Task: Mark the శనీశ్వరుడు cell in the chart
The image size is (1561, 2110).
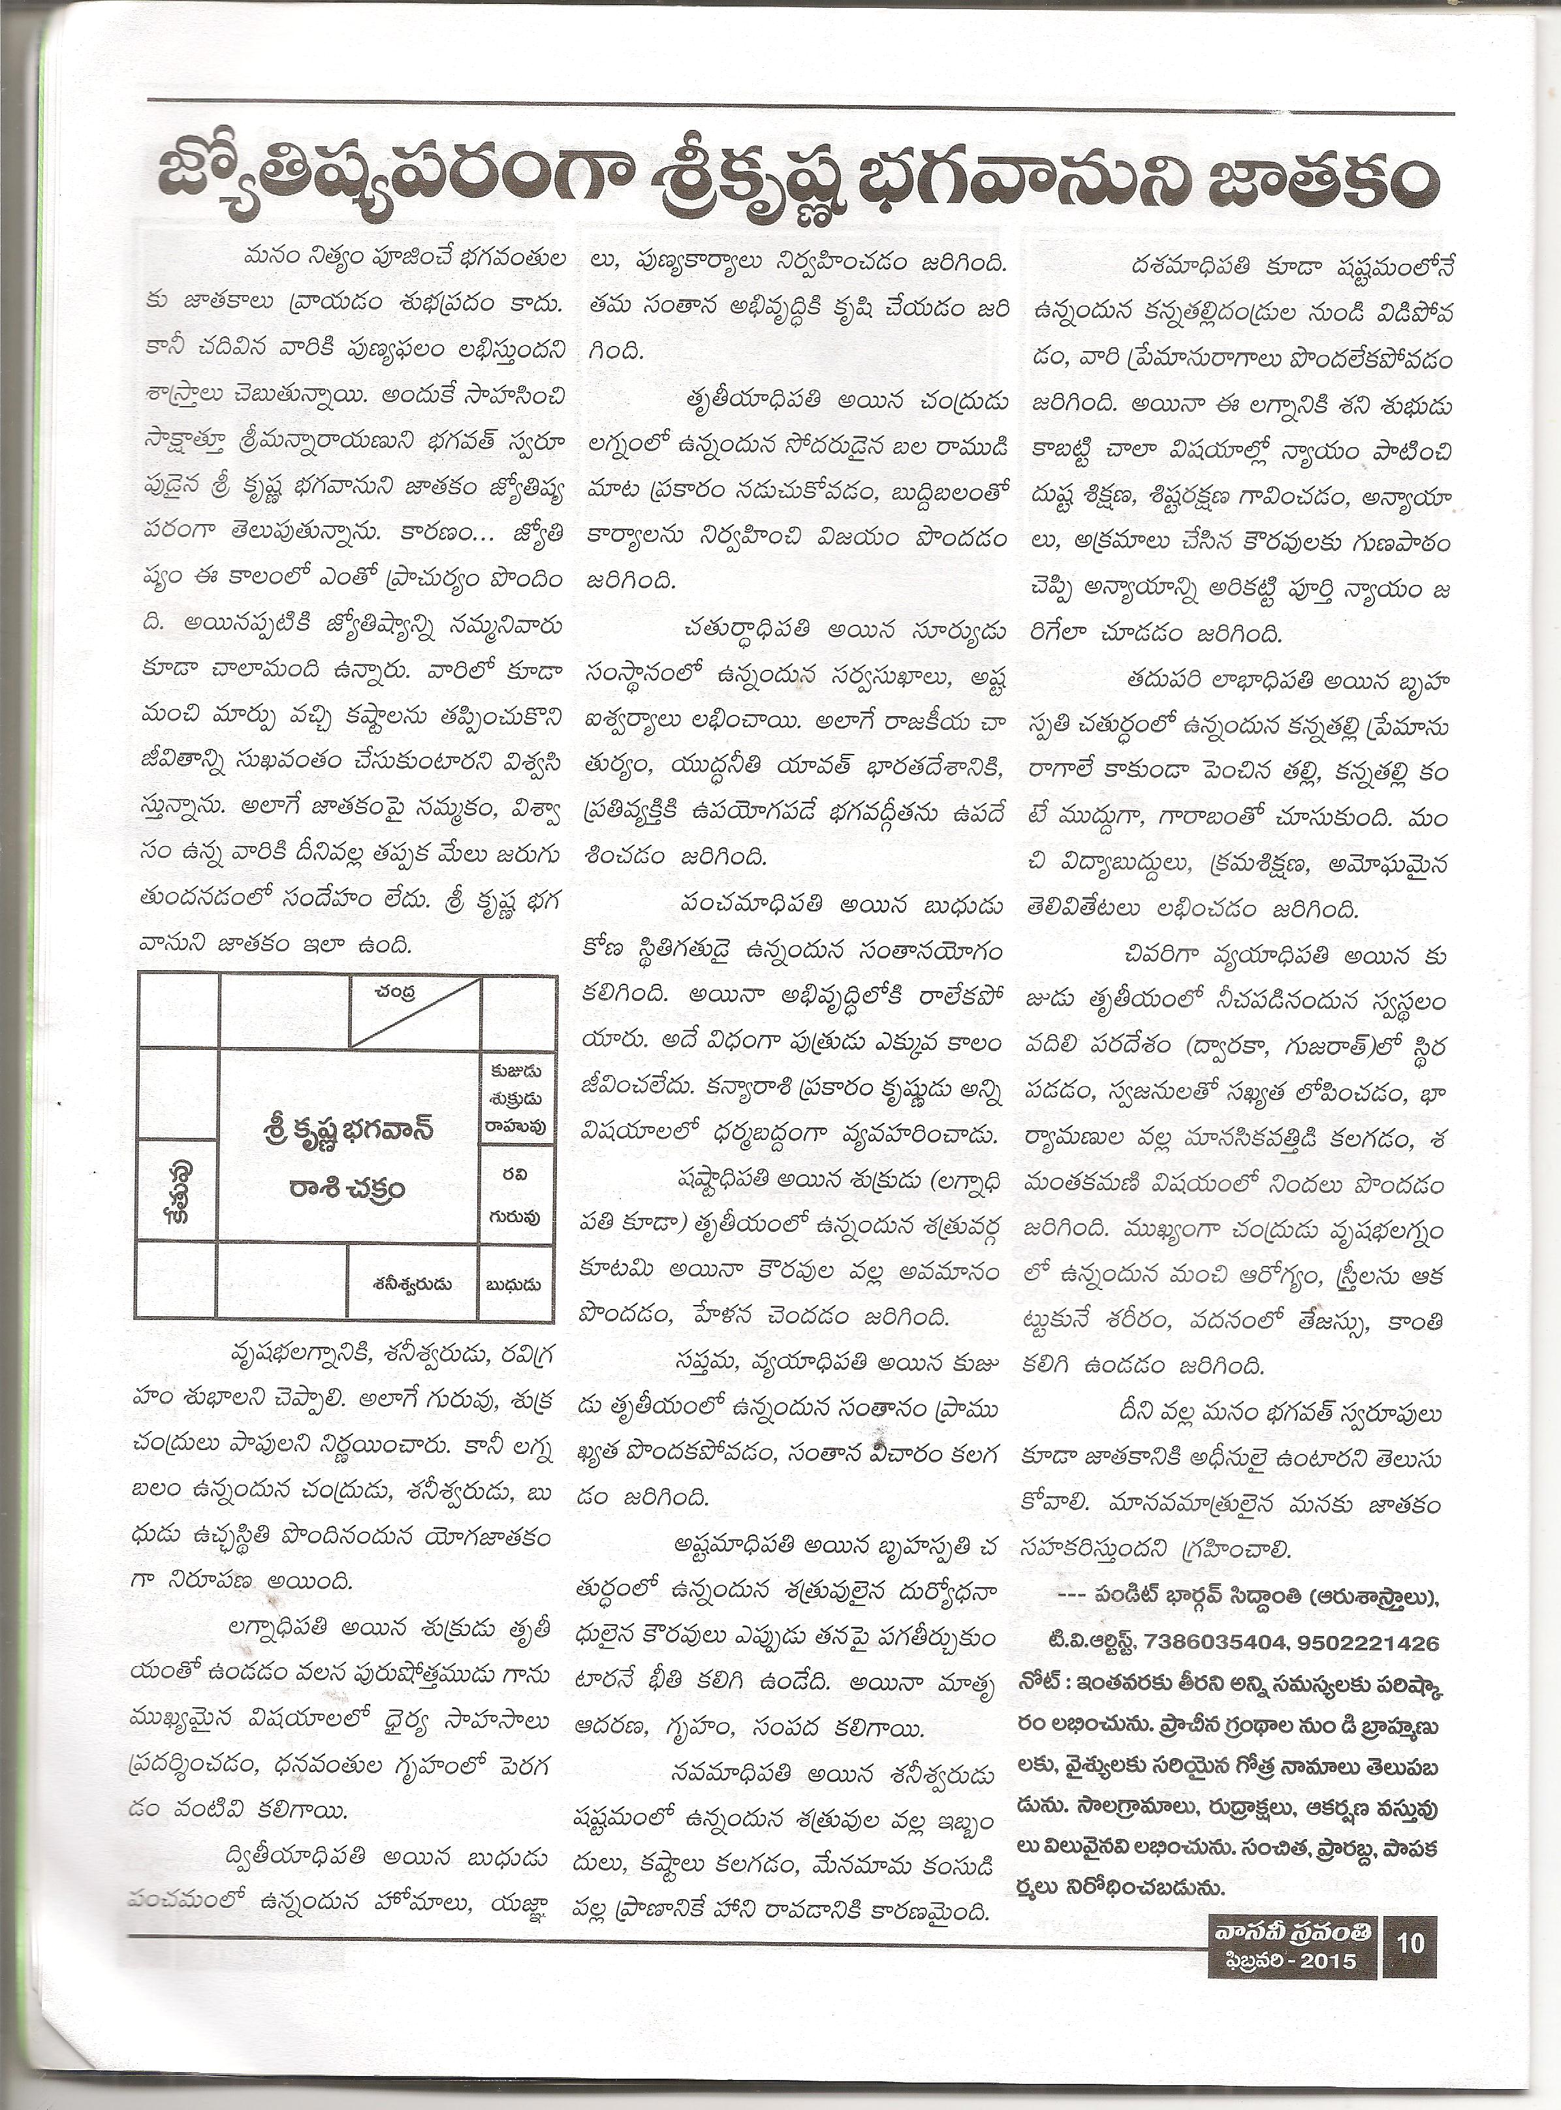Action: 412,1284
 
